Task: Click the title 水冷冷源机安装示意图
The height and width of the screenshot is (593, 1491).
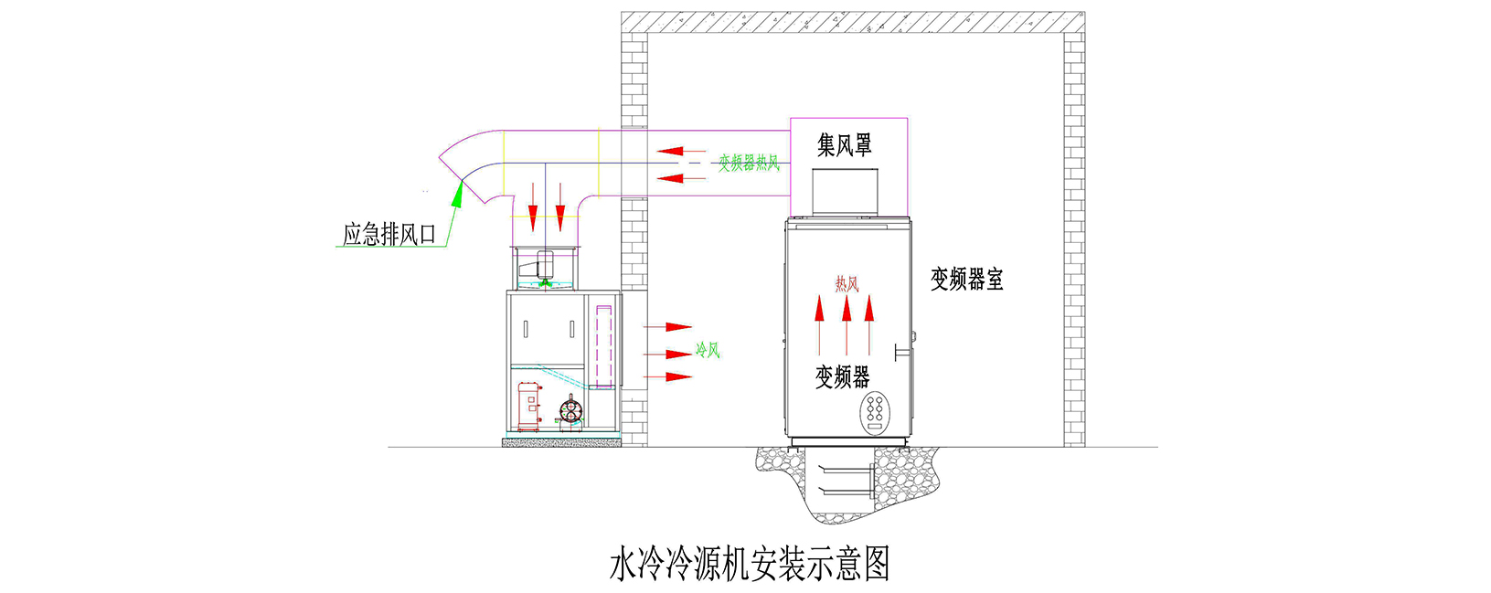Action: click(750, 564)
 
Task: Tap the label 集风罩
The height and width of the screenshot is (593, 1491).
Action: click(844, 144)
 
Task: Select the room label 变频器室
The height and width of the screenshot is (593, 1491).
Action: click(966, 280)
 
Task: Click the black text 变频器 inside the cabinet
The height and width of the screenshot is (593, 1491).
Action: click(843, 376)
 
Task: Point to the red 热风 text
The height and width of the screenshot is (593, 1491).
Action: click(847, 284)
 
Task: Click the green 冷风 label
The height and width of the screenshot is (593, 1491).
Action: click(708, 349)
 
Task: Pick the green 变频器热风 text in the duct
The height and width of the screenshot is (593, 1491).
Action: click(748, 163)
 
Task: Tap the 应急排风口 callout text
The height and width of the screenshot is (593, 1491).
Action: click(389, 234)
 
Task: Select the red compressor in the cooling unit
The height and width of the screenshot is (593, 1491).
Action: click(529, 406)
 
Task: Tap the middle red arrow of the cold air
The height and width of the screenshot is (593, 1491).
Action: click(668, 354)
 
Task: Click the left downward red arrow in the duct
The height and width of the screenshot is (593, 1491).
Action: click(532, 207)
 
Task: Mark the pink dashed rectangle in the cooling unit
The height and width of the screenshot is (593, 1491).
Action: click(603, 346)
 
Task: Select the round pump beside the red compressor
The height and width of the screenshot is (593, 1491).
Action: click(570, 409)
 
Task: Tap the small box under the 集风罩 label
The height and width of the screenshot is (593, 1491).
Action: click(845, 192)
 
